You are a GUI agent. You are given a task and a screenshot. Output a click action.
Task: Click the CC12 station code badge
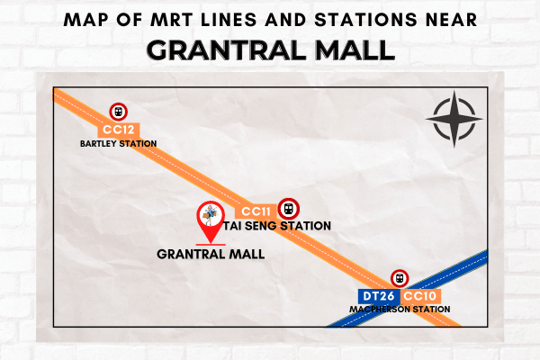pos(119,130)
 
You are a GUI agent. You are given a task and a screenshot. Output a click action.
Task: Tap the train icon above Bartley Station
pos(119,112)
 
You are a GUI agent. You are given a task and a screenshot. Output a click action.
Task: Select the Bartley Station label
pos(119,144)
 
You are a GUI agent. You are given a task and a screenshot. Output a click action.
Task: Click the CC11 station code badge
pos(256,211)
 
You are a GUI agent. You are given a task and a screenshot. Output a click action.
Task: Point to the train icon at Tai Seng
pos(288,209)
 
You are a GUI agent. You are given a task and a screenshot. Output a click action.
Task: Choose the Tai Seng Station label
pos(277,226)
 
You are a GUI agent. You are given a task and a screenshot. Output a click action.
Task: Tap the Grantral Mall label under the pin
pos(211,254)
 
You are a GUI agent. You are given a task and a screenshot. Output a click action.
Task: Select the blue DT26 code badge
pos(379,296)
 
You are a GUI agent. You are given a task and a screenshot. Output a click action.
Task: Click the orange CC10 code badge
pos(420,296)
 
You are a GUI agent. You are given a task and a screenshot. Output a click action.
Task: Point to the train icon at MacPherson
pos(400,278)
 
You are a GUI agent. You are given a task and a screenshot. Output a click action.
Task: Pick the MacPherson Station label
pos(400,310)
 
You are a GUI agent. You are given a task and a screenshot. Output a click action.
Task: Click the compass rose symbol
pos(454,119)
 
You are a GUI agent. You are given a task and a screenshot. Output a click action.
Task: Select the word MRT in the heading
pos(171,20)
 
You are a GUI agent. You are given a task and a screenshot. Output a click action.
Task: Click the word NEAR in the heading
pos(452,20)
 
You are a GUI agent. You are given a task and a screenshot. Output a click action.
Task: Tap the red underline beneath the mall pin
pos(211,245)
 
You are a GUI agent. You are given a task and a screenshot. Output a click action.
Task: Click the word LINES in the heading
pos(229,20)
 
